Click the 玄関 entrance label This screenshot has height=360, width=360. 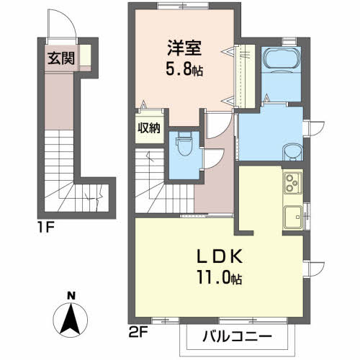[x=61, y=58]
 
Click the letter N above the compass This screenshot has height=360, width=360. [x=71, y=295]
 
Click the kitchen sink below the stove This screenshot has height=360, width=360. [x=293, y=215]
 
